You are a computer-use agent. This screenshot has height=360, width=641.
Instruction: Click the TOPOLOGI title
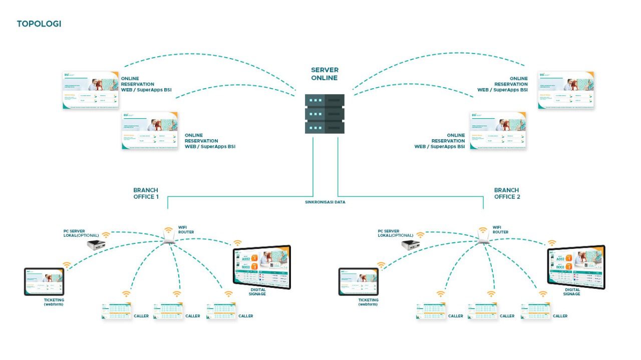click(39, 24)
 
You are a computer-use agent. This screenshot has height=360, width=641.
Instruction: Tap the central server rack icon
click(325, 114)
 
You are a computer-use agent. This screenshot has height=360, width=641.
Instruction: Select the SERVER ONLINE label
click(325, 74)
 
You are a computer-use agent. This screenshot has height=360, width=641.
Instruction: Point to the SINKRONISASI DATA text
click(325, 202)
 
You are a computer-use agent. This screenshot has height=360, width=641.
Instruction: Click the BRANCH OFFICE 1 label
click(146, 193)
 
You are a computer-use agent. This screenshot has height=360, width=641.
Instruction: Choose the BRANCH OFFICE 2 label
click(507, 193)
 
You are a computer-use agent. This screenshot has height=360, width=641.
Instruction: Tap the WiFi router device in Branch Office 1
click(168, 241)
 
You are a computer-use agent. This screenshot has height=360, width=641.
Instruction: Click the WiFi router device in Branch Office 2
click(483, 241)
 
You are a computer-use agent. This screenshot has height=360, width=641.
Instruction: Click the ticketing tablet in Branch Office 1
click(44, 281)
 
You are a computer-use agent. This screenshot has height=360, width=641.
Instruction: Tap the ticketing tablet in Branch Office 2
click(359, 281)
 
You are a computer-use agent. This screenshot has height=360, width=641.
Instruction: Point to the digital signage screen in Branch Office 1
click(261, 267)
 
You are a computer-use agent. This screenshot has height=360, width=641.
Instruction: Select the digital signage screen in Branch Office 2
click(576, 267)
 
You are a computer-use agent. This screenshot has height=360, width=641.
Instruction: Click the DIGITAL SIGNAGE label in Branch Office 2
click(572, 292)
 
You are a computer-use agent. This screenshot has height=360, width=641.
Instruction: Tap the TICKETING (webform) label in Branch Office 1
click(54, 302)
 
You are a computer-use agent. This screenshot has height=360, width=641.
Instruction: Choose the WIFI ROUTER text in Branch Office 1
click(186, 229)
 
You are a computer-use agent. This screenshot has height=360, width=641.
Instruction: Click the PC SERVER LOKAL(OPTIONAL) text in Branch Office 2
click(396, 233)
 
